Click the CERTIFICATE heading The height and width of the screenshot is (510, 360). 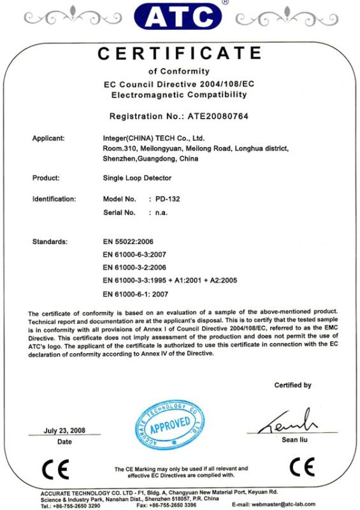179,54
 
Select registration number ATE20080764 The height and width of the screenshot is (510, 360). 214,117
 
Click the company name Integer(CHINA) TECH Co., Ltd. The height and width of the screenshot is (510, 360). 154,138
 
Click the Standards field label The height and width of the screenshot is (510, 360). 50,242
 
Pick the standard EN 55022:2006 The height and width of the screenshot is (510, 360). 128,242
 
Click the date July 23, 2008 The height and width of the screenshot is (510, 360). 64,430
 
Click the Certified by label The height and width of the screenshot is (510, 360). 292,385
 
